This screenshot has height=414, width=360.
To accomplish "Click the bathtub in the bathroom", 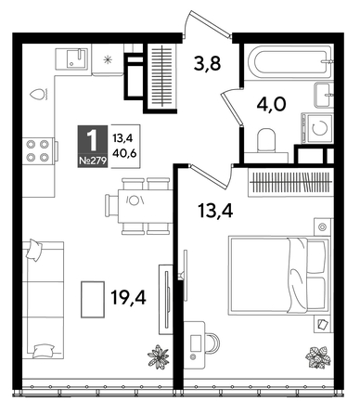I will point(289,64).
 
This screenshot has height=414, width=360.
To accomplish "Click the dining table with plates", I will point(135,201).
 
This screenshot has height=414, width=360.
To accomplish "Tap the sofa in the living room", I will point(43,299).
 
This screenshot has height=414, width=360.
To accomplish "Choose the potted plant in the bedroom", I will point(318,357).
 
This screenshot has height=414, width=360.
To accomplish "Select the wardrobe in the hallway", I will point(161,73).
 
